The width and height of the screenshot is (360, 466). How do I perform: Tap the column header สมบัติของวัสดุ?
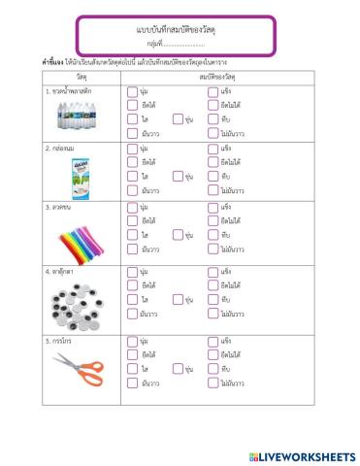click(x=222, y=75)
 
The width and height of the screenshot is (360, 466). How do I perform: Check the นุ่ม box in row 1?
click(x=132, y=90)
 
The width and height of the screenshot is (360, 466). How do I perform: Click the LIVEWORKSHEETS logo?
click(x=302, y=455)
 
